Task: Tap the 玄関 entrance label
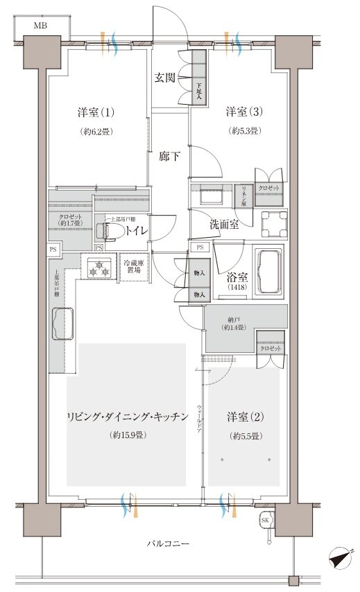(164, 78)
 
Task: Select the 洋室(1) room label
(94, 112)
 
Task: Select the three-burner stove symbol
(98, 268)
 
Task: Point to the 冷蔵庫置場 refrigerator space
(133, 267)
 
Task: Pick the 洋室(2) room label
(243, 417)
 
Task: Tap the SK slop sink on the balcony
(265, 521)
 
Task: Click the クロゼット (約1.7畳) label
(69, 220)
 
